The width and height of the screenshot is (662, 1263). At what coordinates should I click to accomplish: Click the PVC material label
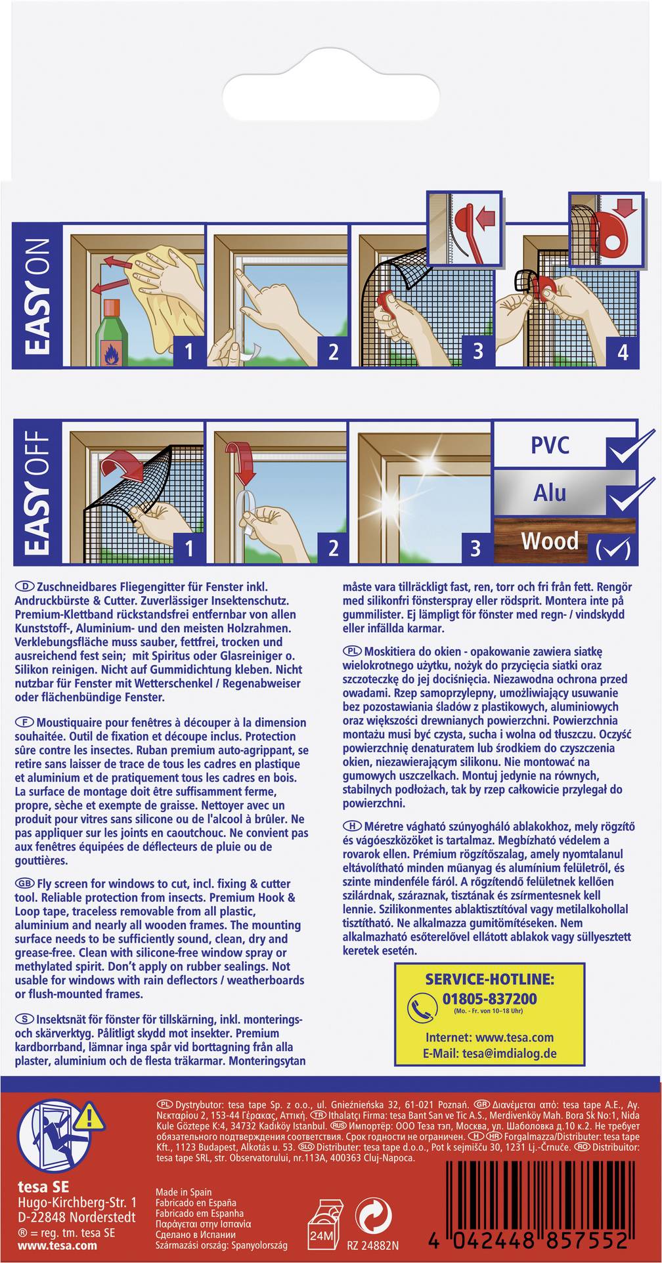[x=550, y=445]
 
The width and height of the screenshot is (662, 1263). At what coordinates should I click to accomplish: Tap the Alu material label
[x=550, y=492]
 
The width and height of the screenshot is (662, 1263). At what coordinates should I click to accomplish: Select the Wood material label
[x=550, y=540]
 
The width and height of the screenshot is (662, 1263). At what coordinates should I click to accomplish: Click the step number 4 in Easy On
[x=623, y=352]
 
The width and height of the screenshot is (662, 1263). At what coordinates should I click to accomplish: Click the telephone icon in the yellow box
[x=422, y=1008]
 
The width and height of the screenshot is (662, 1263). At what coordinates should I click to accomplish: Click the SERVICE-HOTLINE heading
[x=489, y=979]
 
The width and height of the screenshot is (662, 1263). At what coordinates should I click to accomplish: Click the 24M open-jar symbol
[x=322, y=1225]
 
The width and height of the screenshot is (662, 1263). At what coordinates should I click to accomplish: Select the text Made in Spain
[x=184, y=1192]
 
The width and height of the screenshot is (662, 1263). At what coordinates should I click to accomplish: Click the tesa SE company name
[x=43, y=1187]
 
